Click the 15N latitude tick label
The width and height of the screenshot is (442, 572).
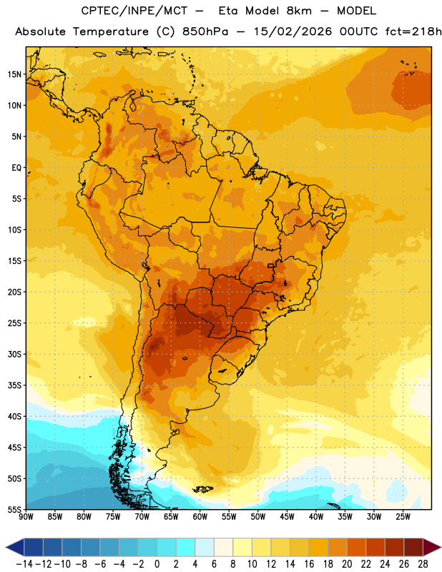point(14,74)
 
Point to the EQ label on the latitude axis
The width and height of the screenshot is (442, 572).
point(16,168)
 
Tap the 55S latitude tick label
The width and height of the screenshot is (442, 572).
point(14,509)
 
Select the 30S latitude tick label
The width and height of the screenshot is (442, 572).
point(14,354)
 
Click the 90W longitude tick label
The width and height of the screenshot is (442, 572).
point(26,516)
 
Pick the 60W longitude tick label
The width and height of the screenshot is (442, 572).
point(200,516)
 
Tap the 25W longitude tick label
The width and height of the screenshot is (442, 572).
point(403,516)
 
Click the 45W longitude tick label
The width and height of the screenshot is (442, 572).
point(288,516)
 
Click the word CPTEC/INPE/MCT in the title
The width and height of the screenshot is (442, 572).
point(134,11)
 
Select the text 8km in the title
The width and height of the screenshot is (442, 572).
point(299,11)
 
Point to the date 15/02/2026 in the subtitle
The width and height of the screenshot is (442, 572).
point(293,31)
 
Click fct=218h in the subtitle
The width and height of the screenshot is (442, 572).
point(413,31)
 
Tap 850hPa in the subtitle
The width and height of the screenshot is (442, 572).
point(205,31)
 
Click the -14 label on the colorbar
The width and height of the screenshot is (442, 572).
point(24,564)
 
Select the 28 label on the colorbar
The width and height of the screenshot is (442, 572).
point(423,564)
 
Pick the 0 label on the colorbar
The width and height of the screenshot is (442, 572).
point(157,564)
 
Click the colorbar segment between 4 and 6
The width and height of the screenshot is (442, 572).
point(205,547)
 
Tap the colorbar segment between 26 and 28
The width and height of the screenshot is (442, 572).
point(413,547)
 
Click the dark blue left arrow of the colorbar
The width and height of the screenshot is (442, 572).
point(15,547)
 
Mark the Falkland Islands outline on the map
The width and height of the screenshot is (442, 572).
point(203,489)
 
